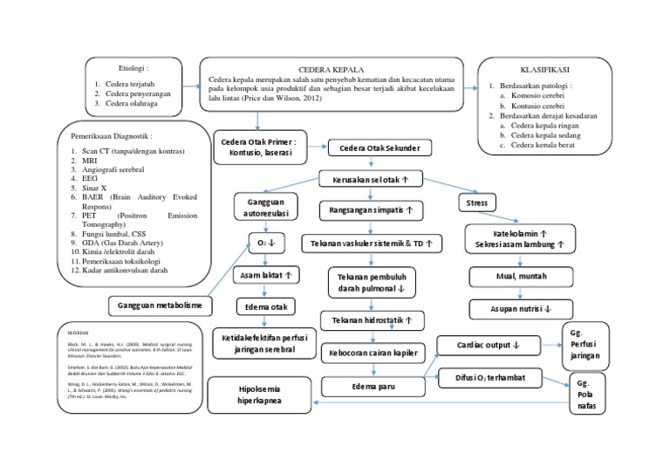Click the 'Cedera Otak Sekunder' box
coord(379,148)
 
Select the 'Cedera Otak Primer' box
coord(258,146)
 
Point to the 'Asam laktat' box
coord(266,275)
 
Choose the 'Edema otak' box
coord(267,306)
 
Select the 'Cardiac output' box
coord(488,345)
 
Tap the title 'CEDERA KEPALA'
coord(331,69)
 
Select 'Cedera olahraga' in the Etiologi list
coord(132,103)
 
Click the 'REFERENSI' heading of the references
coord(79,333)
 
